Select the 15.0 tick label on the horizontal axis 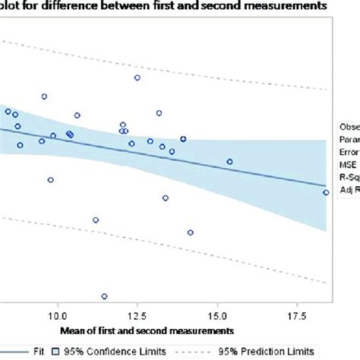[x=218, y=314]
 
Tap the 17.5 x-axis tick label [x=298, y=314]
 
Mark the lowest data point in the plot [x=104, y=296]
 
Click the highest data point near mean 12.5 [x=137, y=77]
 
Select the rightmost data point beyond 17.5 [x=326, y=193]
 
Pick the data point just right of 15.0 [x=229, y=161]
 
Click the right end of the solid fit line [x=326, y=185]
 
